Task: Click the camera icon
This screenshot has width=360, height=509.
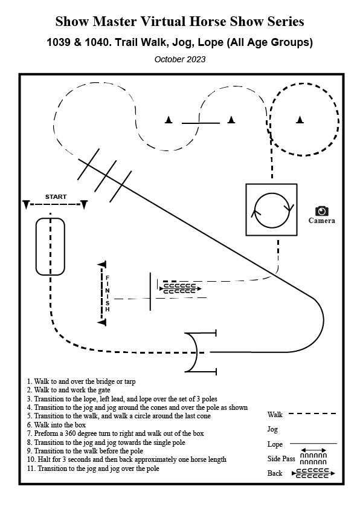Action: pos(322,211)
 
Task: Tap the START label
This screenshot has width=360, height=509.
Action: pos(56,196)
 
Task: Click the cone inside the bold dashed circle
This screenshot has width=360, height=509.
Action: pos(300,120)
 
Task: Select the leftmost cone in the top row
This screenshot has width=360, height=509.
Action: pos(169,120)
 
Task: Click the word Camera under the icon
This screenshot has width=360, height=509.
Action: pos(322,221)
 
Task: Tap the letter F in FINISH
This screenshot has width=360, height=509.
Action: pos(108,278)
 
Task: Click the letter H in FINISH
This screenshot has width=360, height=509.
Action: pos(108,310)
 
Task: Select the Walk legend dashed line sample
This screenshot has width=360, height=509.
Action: pos(312,413)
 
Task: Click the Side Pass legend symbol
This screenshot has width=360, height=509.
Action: pos(313,456)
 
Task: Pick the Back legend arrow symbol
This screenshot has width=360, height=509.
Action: pos(313,473)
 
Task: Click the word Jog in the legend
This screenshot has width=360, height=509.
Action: pos(272,429)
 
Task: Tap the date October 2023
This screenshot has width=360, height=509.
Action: pos(180,59)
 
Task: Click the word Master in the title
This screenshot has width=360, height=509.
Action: pos(115,22)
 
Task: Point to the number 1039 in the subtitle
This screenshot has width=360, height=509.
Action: pos(59,42)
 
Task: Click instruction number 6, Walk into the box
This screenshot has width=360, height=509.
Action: pos(56,424)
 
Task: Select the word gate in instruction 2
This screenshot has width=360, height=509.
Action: pos(104,390)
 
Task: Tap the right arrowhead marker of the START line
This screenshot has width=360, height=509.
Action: pos(84,204)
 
